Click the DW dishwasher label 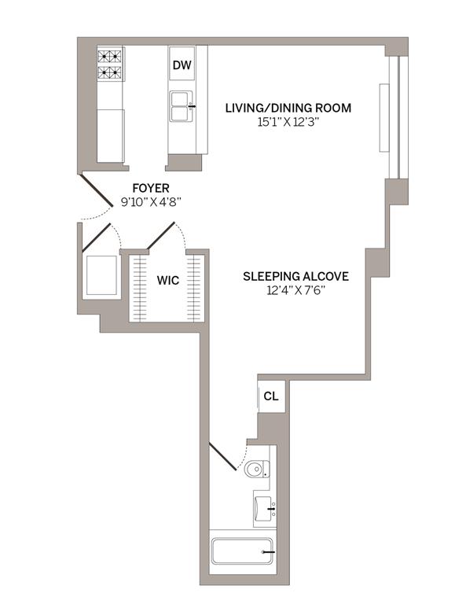point(182,65)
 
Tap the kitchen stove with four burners point(110,64)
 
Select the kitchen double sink point(182,106)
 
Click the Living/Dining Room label point(288,108)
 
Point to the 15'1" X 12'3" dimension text point(288,123)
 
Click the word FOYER point(151,188)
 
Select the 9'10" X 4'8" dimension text point(151,202)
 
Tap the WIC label point(167,280)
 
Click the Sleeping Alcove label point(296,276)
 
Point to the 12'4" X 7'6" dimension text point(296,290)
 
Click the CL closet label point(271,396)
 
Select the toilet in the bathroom point(257,469)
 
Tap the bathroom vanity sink point(265,509)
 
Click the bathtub point(242,551)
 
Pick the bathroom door point(222,456)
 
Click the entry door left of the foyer point(96,191)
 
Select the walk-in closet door point(161,236)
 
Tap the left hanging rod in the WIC point(140,288)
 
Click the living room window point(394,117)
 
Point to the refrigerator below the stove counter point(111,135)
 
